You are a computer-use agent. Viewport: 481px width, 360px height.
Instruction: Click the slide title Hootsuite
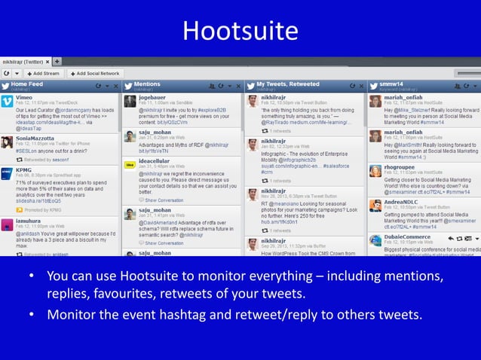point(240,31)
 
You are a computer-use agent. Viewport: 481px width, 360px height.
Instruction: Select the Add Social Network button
point(96,73)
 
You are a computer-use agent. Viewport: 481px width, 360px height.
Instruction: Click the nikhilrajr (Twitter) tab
point(26,61)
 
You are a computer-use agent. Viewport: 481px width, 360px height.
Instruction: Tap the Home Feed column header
point(27,84)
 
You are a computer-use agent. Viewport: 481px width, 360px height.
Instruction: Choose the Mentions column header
point(147,84)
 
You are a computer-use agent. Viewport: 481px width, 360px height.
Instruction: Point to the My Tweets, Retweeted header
point(288,84)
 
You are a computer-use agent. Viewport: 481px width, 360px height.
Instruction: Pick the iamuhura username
point(29,221)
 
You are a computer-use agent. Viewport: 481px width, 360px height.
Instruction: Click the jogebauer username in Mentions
point(152,97)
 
